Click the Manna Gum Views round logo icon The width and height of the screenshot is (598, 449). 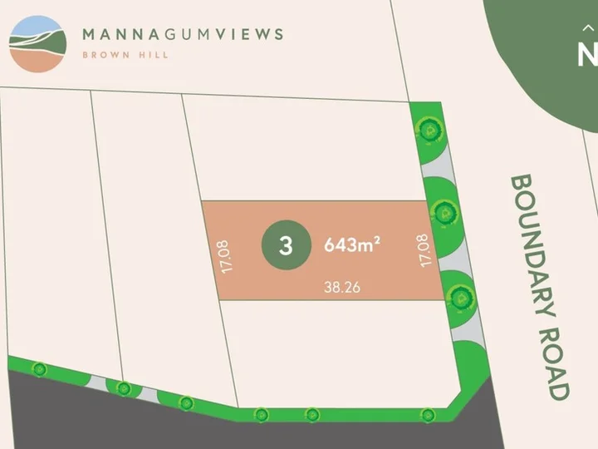click(37, 43)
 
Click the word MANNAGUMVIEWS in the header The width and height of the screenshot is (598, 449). click(183, 35)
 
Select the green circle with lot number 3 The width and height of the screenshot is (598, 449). click(286, 246)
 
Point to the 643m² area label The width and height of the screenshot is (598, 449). click(351, 245)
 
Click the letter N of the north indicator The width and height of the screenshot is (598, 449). click(588, 55)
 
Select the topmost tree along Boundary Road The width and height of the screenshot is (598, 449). click(429, 129)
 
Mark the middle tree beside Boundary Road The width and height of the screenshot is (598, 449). click(445, 212)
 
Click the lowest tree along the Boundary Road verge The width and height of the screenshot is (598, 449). click(459, 294)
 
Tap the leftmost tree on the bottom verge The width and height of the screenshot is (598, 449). click(37, 368)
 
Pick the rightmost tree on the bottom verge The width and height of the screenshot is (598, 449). click(428, 413)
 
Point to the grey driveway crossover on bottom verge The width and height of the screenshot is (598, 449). click(98, 384)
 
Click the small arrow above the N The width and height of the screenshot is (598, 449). click(588, 27)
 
